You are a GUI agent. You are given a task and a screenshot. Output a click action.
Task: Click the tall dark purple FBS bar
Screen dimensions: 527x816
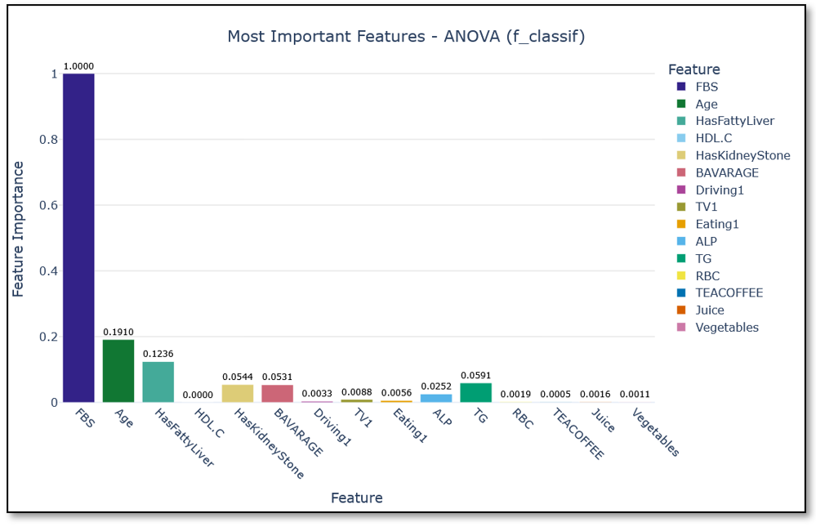point(78,237)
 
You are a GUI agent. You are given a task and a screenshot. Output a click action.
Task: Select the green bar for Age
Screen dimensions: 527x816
point(118,370)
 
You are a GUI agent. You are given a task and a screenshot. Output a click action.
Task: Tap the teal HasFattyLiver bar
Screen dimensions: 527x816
point(158,382)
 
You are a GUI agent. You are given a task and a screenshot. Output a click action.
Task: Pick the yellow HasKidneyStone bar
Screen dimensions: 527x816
point(238,393)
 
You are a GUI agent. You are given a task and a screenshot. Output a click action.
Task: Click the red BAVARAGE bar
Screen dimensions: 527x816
point(277,393)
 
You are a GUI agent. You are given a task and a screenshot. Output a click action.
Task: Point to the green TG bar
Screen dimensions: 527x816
point(476,392)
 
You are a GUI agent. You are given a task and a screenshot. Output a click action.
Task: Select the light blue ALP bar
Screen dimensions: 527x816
point(436,398)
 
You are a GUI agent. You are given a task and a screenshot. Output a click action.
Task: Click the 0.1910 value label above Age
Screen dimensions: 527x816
point(118,332)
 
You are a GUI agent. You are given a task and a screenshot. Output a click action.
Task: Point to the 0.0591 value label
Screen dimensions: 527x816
point(476,375)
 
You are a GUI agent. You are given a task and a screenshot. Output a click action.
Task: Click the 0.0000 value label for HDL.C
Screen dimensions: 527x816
point(198,395)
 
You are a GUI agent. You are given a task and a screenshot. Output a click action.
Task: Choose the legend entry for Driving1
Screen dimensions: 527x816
point(720,190)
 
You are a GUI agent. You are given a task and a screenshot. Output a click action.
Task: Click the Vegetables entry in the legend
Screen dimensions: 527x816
point(727,328)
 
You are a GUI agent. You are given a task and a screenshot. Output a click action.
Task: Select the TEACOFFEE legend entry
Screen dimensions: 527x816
point(729,293)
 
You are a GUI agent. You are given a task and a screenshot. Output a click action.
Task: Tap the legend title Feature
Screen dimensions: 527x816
point(693,69)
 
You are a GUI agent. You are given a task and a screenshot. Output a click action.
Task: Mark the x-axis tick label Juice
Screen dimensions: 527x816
point(603,420)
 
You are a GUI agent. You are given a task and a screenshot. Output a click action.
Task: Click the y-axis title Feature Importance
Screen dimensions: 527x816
point(19,229)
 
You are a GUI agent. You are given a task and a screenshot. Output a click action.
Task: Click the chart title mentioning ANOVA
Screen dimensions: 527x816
point(406,37)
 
